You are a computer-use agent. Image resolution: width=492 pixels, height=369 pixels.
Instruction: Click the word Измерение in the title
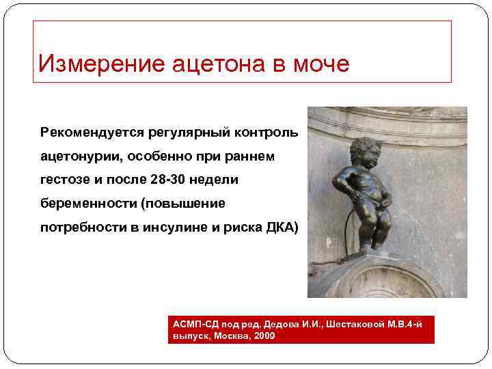[93, 64]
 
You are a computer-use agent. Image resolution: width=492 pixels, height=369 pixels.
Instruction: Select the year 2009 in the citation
[264, 337]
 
